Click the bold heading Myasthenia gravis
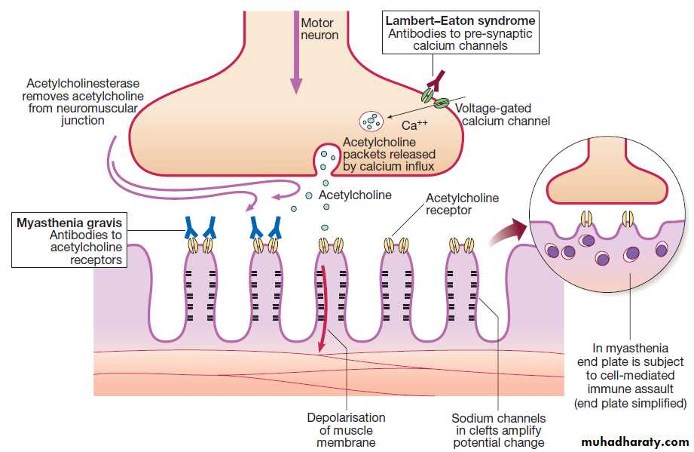(70, 223)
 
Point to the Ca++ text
(414, 125)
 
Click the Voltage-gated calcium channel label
(503, 115)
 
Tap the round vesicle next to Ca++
(371, 119)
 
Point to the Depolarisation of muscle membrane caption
(346, 429)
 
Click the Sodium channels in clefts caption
(498, 430)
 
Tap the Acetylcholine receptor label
(462, 204)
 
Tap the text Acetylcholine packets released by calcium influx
(388, 153)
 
